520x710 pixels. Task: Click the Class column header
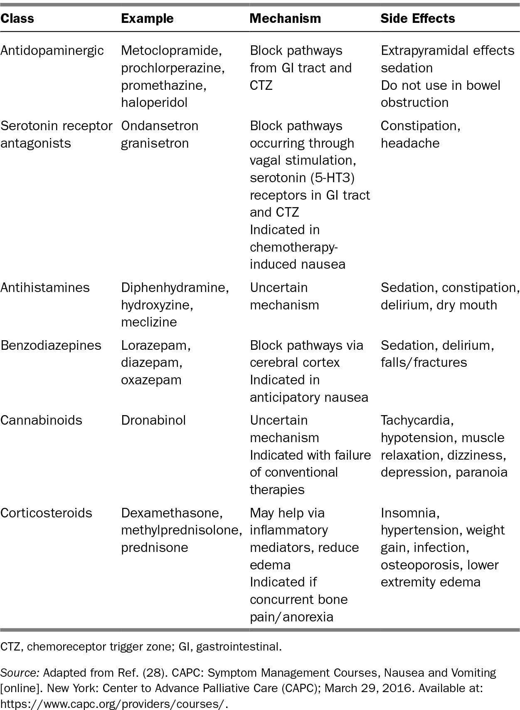(17, 18)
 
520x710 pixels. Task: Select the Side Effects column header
(417, 18)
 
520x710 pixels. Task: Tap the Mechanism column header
(285, 18)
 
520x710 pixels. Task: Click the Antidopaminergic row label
(52, 50)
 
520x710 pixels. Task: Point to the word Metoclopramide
(170, 50)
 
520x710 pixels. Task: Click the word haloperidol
(154, 102)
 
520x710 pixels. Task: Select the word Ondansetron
(160, 126)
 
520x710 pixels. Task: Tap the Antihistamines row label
(45, 287)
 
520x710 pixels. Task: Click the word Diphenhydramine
(174, 287)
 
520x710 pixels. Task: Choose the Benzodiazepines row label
(51, 345)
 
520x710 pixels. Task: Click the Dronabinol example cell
(153, 420)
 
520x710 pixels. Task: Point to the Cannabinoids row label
(41, 420)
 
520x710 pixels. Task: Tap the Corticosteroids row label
(46, 513)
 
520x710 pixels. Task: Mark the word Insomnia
(409, 513)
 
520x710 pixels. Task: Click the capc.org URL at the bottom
(114, 704)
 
